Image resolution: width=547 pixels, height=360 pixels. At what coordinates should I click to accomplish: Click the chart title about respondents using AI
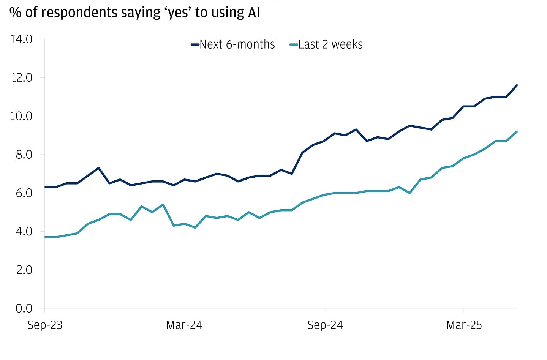(x=135, y=13)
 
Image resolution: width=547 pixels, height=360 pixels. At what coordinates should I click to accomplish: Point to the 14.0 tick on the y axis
(x=22, y=39)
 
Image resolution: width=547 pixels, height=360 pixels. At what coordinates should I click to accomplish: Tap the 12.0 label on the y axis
(x=22, y=77)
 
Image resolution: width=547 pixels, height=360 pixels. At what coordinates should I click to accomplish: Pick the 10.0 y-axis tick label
(x=22, y=116)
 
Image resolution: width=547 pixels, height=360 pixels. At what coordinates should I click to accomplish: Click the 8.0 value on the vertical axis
(x=24, y=155)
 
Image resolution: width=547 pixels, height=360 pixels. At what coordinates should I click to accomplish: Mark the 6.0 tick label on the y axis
(x=24, y=193)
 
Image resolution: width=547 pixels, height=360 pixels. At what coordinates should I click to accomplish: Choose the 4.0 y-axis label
(x=24, y=231)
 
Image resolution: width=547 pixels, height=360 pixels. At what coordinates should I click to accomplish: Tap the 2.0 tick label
(x=24, y=270)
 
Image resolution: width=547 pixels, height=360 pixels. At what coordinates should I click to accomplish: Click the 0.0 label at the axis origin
(x=24, y=308)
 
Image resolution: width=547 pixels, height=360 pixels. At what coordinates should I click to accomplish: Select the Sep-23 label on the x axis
(x=45, y=325)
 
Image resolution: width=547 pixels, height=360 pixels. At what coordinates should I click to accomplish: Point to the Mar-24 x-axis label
(x=184, y=325)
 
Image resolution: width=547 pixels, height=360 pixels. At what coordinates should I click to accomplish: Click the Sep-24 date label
(x=325, y=325)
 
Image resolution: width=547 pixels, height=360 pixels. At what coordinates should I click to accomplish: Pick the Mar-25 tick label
(x=464, y=325)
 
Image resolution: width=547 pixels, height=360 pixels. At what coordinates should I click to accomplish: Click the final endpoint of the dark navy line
(x=517, y=85)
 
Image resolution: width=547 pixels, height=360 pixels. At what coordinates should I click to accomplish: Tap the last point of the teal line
(x=517, y=131)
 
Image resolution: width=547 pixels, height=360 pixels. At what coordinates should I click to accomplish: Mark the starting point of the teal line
(x=45, y=237)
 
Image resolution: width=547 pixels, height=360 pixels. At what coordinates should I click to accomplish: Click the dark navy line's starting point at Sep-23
(x=45, y=187)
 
